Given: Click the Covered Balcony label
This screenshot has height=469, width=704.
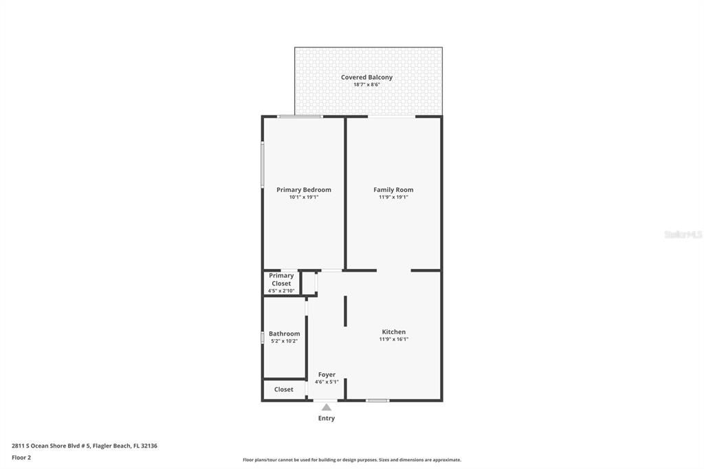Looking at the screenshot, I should pos(366,77).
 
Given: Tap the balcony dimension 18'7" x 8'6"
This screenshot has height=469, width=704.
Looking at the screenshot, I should pos(366,85).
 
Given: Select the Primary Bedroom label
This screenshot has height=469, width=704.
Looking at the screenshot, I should pos(303,190).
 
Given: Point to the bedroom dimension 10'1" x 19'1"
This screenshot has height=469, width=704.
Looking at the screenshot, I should pos(303,197).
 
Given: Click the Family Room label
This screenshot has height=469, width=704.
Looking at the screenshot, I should pos(393,190).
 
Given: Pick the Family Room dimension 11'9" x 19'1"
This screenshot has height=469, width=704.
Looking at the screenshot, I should pos(393,197).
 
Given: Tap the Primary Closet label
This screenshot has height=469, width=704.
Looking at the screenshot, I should pos(281,279).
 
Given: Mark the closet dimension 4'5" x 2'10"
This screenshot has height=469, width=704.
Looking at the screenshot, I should pos(281,291).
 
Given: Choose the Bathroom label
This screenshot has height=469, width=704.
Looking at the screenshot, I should pos(284,334).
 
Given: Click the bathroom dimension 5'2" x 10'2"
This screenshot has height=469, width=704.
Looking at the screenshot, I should pos(284,341).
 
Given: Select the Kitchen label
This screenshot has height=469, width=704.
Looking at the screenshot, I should pos(393,331).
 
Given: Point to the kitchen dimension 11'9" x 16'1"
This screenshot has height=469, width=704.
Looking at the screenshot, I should pos(393,339).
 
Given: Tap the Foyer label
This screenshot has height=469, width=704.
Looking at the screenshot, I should pos(327,375).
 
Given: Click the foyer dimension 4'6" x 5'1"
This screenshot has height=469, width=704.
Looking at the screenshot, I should pos(327,382).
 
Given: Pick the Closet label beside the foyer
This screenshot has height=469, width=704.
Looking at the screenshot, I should pos(283,389).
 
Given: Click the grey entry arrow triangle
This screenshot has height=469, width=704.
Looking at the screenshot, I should pos(327,407).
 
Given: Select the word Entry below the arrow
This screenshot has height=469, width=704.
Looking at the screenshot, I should pos(327,418).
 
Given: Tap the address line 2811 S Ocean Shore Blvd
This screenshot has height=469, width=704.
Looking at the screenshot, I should pos(85,446).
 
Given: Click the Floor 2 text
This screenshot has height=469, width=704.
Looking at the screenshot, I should pos(21,457).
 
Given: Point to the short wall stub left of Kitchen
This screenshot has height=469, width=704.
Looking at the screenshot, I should pos(345,311).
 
